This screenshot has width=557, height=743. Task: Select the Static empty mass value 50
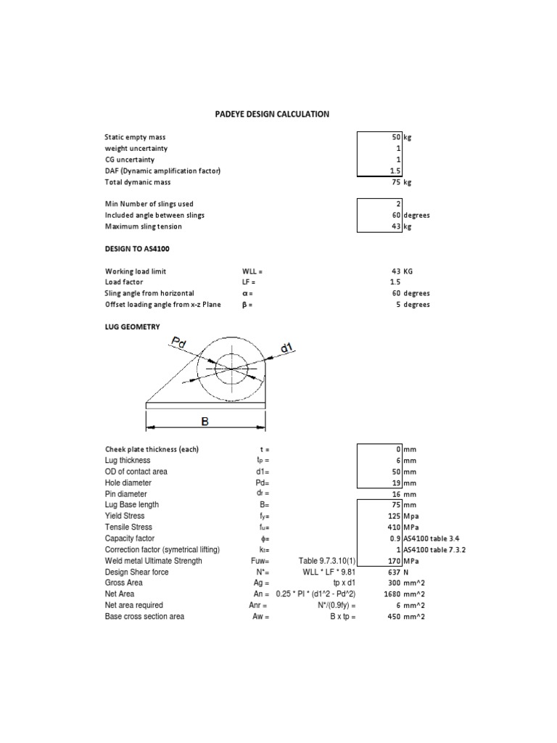click(x=396, y=136)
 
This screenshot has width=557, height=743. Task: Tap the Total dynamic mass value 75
click(x=396, y=182)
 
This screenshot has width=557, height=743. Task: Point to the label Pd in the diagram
click(x=178, y=342)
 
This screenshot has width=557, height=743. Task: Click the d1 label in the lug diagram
click(x=287, y=348)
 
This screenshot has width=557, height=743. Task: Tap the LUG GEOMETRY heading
click(x=133, y=327)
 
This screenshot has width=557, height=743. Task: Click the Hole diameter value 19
click(x=396, y=483)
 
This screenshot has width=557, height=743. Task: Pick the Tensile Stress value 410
click(x=394, y=527)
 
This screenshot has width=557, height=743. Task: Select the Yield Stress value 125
click(x=394, y=516)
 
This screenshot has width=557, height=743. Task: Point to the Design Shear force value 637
click(x=394, y=572)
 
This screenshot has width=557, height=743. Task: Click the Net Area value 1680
click(x=392, y=594)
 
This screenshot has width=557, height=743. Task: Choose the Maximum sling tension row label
click(x=143, y=226)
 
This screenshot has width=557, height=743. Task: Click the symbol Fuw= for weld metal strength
click(x=260, y=561)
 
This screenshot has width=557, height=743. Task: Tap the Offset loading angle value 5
click(x=398, y=305)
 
